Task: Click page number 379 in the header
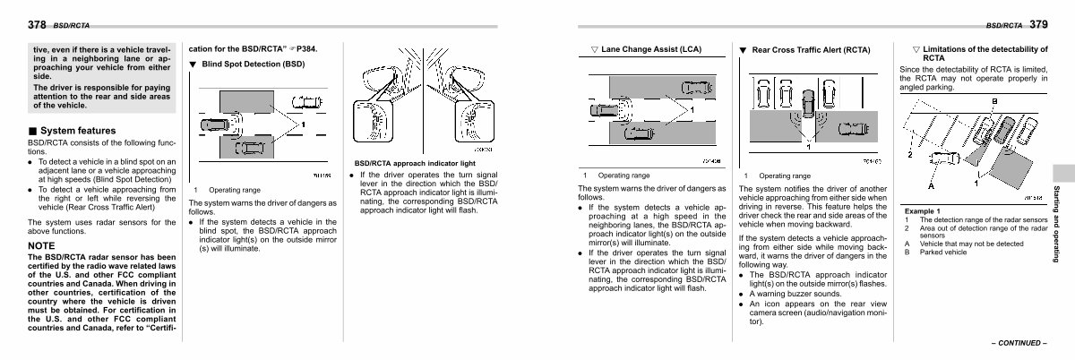(x=1037, y=23)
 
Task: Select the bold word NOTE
(x=42, y=244)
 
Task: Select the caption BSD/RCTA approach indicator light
(x=415, y=163)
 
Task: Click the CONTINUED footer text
(x=1019, y=343)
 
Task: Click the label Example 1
(x=921, y=210)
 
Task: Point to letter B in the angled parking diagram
(x=994, y=100)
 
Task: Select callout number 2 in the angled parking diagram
(x=909, y=154)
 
